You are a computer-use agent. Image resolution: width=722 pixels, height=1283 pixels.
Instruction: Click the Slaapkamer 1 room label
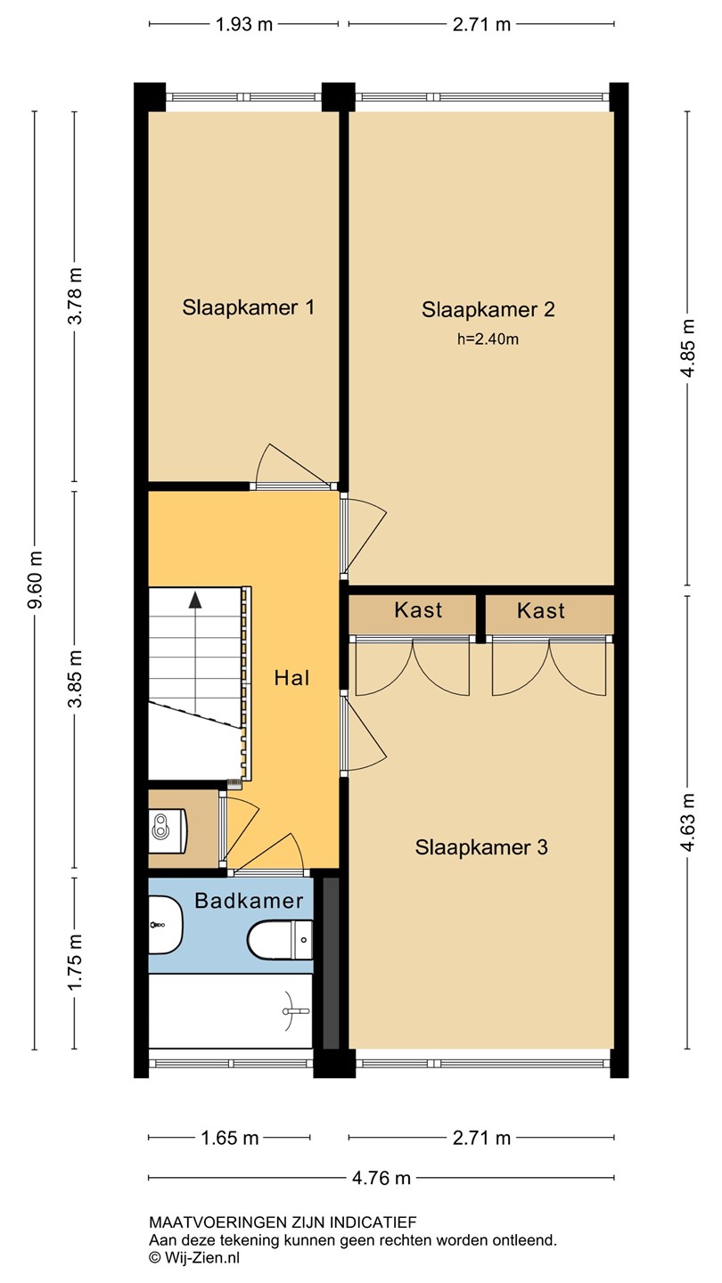(x=248, y=307)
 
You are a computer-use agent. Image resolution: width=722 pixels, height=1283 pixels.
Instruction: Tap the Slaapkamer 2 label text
(x=488, y=309)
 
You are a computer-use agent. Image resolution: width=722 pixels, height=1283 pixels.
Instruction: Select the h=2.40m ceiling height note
(x=488, y=339)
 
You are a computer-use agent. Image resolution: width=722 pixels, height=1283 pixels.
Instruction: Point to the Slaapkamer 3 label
(x=481, y=847)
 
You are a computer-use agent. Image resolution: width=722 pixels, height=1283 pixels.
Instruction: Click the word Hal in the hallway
(x=291, y=678)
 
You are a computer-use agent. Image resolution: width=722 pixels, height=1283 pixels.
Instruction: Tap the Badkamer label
(x=249, y=901)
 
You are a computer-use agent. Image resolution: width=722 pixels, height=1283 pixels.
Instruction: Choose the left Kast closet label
(x=418, y=610)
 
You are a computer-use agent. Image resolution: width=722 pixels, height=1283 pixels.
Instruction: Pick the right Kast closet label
(x=541, y=610)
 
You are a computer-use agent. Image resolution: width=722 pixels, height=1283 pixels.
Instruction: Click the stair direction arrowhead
(x=195, y=600)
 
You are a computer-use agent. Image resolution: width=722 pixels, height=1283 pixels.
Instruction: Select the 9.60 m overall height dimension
(x=36, y=580)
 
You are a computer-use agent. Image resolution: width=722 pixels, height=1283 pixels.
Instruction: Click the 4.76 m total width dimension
(x=382, y=1178)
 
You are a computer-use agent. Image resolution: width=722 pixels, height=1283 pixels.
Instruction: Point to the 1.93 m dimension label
(x=243, y=25)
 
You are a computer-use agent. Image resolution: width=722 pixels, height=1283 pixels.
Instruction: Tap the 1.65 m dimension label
(x=230, y=1138)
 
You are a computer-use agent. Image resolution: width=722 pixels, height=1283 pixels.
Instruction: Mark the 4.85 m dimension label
(x=688, y=347)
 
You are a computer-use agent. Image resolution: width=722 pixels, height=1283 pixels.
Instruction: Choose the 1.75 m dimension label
(x=75, y=961)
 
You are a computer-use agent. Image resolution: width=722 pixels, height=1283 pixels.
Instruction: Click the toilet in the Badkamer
(x=280, y=939)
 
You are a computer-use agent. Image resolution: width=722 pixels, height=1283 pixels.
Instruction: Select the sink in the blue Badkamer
(x=166, y=925)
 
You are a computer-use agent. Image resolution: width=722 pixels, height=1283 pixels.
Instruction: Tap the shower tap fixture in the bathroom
(x=297, y=1011)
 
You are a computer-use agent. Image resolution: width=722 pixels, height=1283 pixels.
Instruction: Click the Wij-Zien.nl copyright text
(x=194, y=1258)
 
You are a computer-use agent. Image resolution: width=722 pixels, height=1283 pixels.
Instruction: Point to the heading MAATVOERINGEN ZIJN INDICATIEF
(x=283, y=1222)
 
